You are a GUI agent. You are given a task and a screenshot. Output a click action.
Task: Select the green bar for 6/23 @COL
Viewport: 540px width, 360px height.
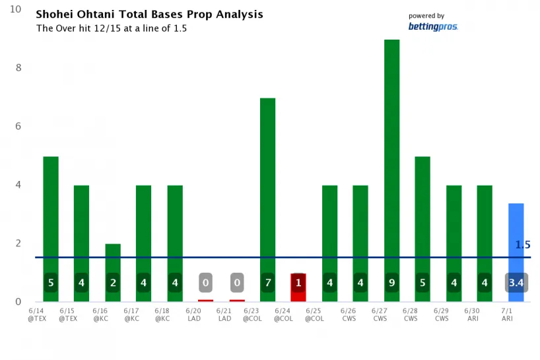click(268, 185)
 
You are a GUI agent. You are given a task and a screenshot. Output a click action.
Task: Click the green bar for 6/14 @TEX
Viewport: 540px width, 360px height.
click(51, 211)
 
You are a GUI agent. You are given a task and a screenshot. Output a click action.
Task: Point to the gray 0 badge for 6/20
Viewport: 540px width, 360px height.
click(206, 283)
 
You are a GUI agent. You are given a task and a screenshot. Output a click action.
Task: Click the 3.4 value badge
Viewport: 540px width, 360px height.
click(516, 283)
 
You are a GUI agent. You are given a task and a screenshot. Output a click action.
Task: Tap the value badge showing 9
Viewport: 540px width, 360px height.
click(392, 283)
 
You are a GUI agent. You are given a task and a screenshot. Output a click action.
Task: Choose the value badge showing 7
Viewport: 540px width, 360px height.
click(268, 283)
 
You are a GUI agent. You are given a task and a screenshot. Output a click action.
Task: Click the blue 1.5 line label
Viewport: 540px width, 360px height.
click(523, 245)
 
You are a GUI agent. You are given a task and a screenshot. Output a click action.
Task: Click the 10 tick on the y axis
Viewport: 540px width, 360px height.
click(16, 9)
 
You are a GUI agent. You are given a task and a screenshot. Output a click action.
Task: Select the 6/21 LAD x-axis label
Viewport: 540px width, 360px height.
click(224, 313)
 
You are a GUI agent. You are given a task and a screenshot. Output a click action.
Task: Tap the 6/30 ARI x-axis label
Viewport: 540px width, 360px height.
click(473, 313)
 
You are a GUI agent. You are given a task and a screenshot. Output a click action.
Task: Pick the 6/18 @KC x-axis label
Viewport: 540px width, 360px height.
click(162, 313)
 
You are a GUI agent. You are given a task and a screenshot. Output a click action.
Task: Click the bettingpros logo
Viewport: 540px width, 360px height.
click(433, 26)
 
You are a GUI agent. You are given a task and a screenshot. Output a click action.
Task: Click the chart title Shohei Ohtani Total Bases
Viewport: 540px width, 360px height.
click(149, 15)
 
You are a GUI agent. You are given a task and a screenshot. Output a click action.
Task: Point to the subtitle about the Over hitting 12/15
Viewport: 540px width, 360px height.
click(112, 28)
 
